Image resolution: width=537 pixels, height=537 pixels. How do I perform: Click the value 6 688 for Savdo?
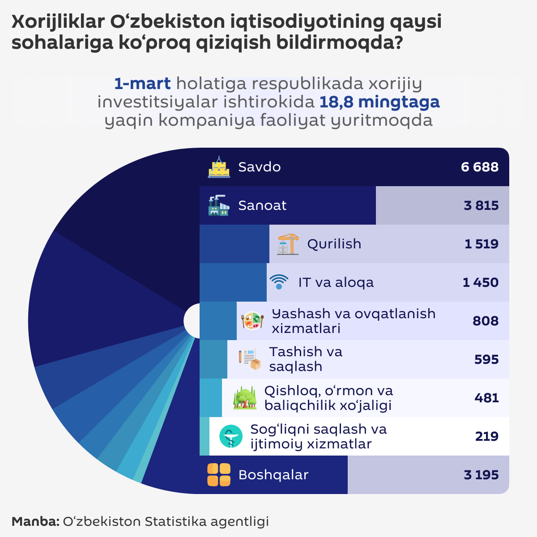[x=479, y=167]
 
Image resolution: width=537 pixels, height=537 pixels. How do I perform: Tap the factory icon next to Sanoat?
[x=219, y=205]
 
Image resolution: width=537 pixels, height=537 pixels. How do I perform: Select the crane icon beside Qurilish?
[x=288, y=244]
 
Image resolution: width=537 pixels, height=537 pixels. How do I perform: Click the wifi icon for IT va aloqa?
[x=279, y=282]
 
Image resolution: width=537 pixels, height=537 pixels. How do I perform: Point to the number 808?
[x=485, y=321]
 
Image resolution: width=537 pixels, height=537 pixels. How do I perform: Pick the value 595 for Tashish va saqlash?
[x=486, y=359]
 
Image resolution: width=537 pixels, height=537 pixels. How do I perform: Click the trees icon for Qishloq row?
[x=245, y=398]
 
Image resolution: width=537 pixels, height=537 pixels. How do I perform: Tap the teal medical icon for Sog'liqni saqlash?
[x=231, y=436]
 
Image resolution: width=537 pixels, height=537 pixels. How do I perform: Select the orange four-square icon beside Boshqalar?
[x=219, y=475]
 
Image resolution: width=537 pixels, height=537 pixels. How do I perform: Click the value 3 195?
[x=481, y=475]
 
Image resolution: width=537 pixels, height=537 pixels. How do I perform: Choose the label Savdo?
[x=259, y=167]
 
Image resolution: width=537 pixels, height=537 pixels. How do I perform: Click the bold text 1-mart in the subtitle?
[x=142, y=84]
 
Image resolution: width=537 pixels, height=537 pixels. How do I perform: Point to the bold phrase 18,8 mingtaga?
[x=379, y=102]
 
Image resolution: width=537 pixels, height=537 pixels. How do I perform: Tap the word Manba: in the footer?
[x=35, y=521]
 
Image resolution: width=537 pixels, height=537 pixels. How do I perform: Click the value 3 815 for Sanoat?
[x=481, y=205]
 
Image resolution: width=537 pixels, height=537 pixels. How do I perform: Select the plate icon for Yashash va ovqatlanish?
[x=252, y=321]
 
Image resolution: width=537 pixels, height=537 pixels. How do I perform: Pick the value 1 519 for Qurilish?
[x=481, y=244]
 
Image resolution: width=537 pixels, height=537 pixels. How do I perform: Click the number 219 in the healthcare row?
[x=486, y=436]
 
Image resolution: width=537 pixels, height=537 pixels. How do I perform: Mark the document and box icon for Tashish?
[x=249, y=359]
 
